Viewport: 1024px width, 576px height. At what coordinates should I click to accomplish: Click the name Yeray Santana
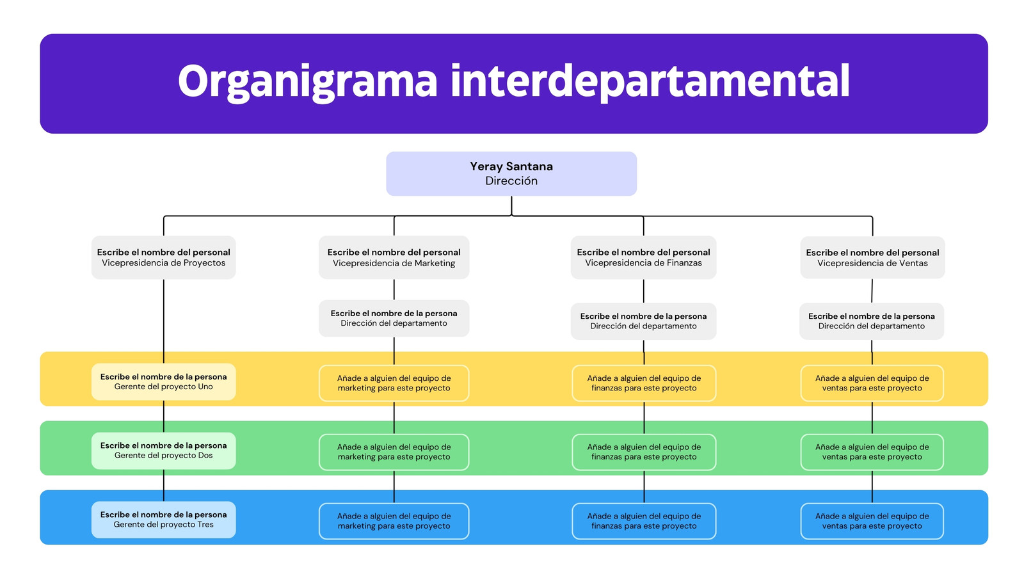[x=511, y=166]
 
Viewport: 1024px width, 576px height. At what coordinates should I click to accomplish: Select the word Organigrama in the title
[x=308, y=82]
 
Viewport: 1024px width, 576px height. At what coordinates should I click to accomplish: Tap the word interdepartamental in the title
[x=650, y=81]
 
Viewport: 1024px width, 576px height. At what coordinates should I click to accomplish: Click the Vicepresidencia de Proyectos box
[x=164, y=257]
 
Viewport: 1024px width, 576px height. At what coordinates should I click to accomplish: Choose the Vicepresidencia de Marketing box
[x=394, y=257]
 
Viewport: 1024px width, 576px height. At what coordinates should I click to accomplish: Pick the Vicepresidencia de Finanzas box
[x=643, y=257]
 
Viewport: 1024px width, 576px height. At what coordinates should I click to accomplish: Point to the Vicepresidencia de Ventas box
[x=872, y=257]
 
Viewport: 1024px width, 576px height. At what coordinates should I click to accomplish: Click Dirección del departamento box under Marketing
[x=394, y=318]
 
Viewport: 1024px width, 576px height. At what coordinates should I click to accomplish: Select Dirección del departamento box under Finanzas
[x=643, y=321]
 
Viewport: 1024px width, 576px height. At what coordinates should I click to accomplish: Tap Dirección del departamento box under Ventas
[x=871, y=321]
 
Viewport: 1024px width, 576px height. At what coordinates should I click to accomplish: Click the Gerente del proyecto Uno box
[x=164, y=381]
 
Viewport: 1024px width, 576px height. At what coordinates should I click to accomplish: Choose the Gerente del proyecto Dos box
[x=164, y=451]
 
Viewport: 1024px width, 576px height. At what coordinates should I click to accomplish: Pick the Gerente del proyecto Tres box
[x=164, y=520]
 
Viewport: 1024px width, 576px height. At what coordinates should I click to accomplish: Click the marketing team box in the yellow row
[x=394, y=383]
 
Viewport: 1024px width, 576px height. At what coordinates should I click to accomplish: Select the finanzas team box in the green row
[x=644, y=452]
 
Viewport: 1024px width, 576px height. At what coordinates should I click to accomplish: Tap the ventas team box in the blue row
[x=872, y=521]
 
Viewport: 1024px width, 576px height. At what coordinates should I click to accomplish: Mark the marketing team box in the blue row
[x=394, y=521]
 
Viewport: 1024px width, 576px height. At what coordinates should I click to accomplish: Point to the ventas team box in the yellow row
[x=872, y=383]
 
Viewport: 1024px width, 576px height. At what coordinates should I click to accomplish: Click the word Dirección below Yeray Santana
[x=511, y=180]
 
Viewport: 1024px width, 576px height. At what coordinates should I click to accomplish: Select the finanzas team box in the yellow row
[x=644, y=383]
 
